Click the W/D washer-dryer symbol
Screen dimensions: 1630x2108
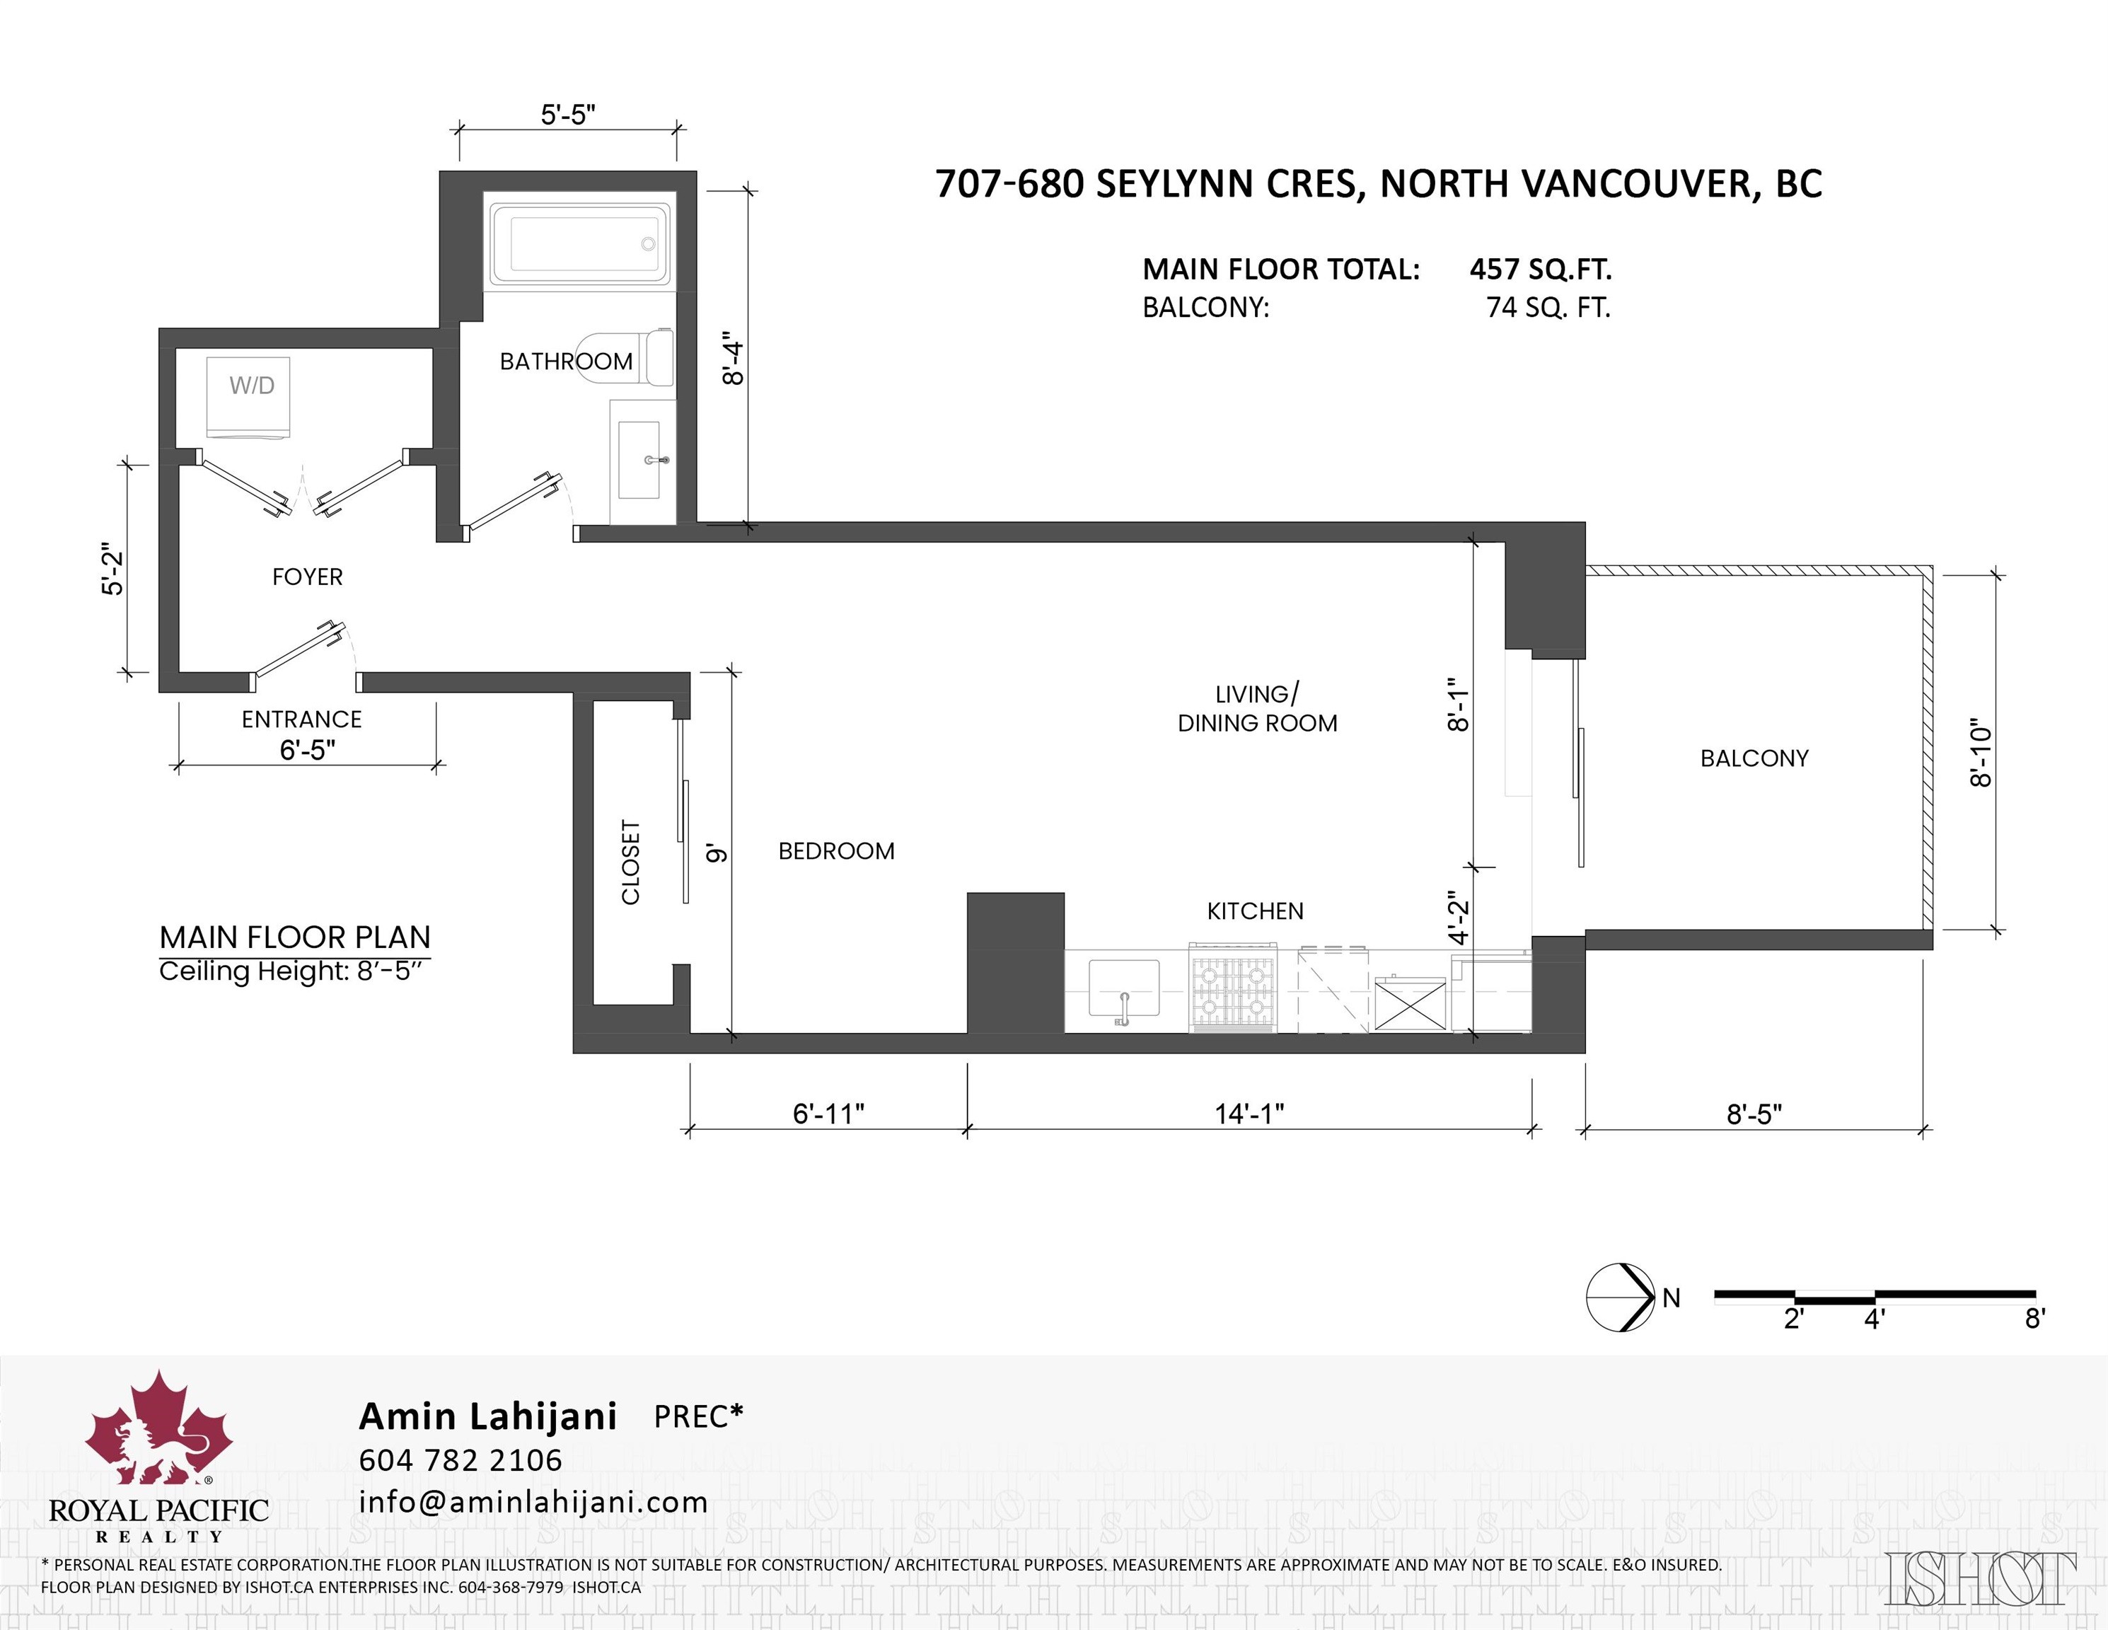tap(249, 395)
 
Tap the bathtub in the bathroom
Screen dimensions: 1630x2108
tap(579, 243)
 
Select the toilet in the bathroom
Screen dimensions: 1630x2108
tap(627, 358)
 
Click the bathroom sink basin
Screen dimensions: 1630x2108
tap(639, 459)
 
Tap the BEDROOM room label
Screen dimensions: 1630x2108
tap(836, 851)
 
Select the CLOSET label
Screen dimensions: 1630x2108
tap(630, 862)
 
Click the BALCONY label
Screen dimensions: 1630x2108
tap(1754, 758)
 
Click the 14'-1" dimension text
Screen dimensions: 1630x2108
tap(1249, 1114)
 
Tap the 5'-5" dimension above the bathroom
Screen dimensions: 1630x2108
tap(567, 115)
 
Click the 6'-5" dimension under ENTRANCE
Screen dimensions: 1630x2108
tap(307, 750)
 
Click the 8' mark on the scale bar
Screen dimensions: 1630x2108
tap(2034, 1318)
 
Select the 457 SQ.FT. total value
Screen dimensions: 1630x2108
tap(1539, 270)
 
